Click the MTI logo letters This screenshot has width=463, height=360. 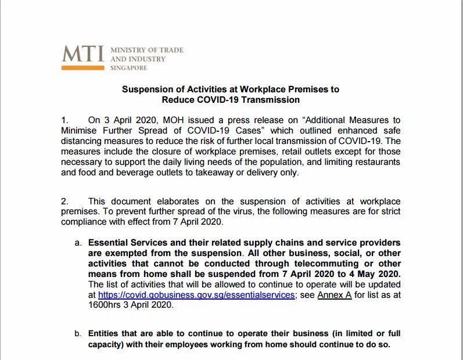click(x=83, y=53)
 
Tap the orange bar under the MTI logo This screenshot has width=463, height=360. click(x=83, y=68)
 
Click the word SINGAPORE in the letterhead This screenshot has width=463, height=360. click(x=129, y=68)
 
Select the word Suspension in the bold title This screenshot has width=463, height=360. click(x=145, y=89)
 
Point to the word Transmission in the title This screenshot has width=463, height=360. click(x=272, y=99)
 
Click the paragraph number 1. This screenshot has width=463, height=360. click(x=64, y=120)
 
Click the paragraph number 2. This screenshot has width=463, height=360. click(x=64, y=201)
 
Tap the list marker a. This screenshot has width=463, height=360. click(x=78, y=242)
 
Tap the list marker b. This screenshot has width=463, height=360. click(x=78, y=334)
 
